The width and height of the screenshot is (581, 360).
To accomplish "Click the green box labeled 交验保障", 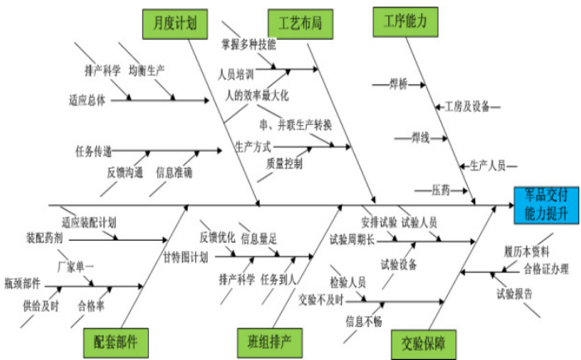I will tap(424, 343).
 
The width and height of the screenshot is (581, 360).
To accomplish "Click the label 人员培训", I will tap(236, 74).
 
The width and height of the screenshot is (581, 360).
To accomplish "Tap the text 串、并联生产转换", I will tap(295, 125).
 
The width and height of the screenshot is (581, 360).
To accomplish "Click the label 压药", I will tap(441, 190).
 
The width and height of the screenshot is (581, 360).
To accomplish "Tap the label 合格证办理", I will tap(545, 268).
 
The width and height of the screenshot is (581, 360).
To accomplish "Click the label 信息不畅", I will tap(363, 320).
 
